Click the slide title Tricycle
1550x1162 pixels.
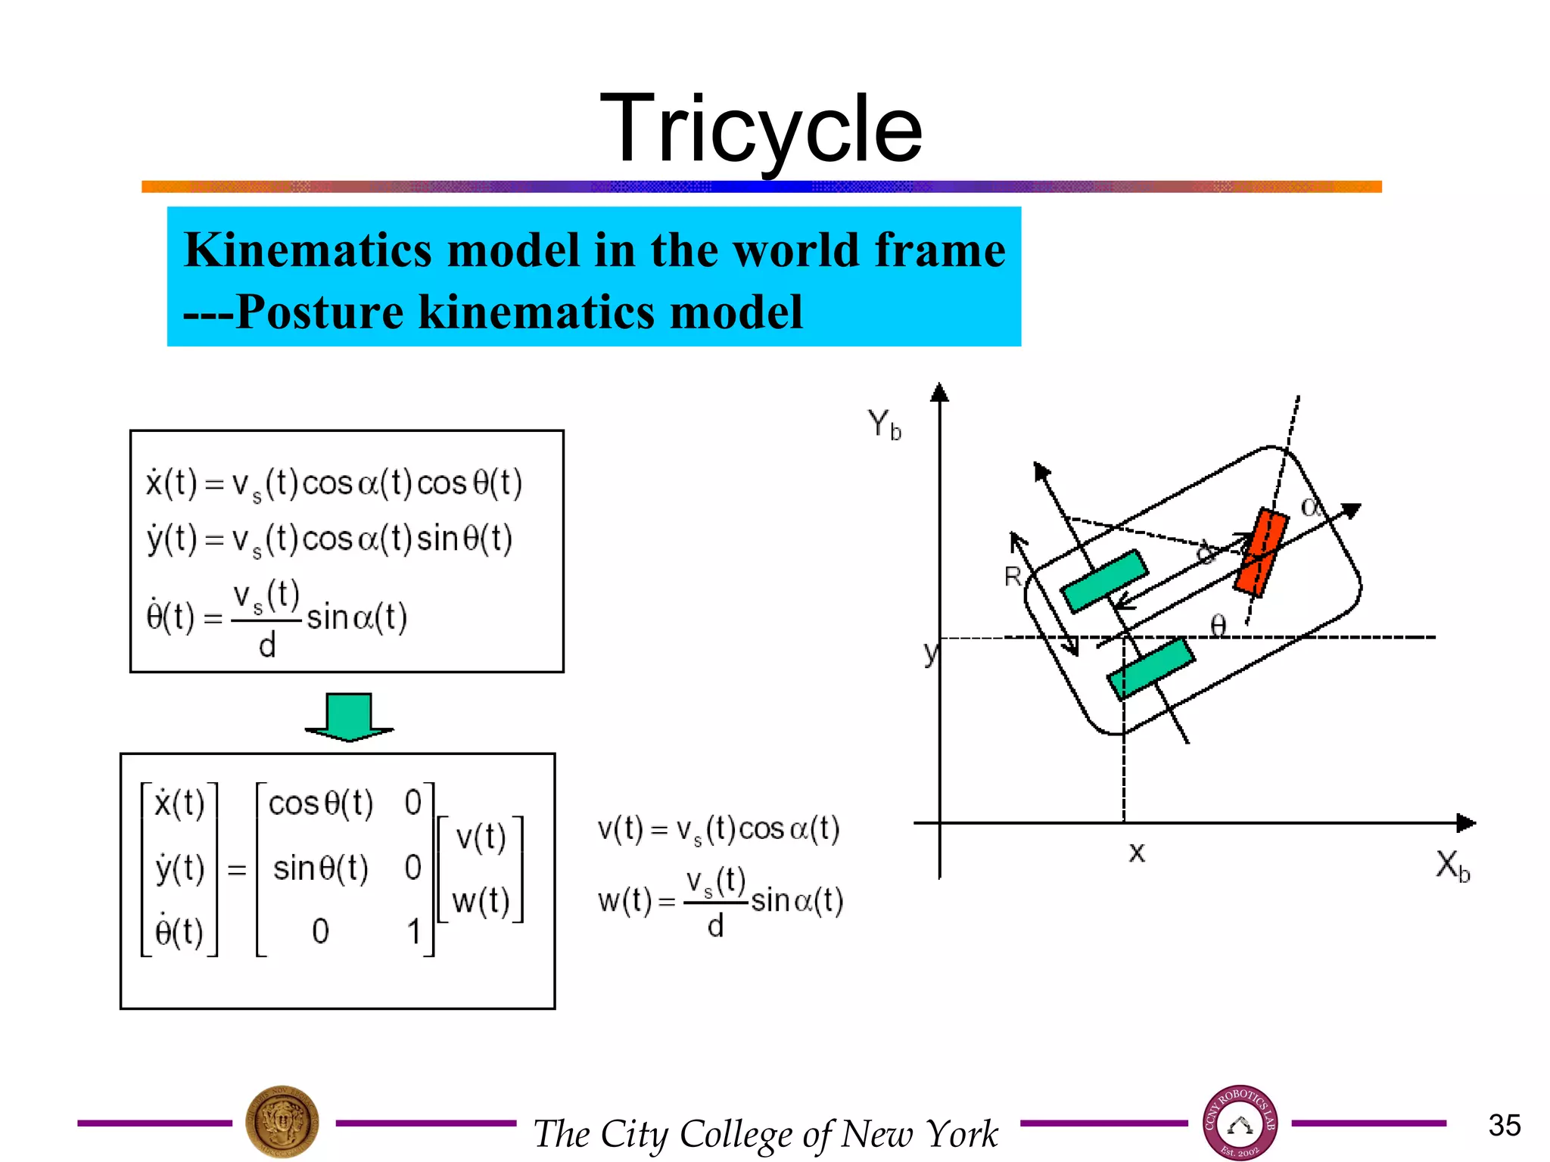(x=761, y=129)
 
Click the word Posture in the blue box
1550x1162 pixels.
(x=319, y=312)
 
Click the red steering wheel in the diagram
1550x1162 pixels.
(x=1260, y=551)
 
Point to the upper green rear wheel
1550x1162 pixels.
(x=1104, y=580)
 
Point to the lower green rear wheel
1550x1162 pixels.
(x=1150, y=669)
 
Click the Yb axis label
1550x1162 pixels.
(x=884, y=424)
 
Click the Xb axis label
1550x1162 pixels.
(x=1452, y=865)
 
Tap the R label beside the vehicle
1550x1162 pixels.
(x=1013, y=577)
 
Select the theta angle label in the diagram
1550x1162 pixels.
(x=1218, y=626)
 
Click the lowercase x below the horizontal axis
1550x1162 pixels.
(x=1136, y=853)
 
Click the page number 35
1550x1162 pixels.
(x=1504, y=1125)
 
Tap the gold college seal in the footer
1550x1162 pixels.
(x=282, y=1122)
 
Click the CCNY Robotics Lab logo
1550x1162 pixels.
(x=1240, y=1123)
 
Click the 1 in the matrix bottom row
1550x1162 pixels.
(x=413, y=931)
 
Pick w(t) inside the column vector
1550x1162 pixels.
(x=480, y=901)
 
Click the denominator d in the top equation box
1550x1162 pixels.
(x=267, y=646)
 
